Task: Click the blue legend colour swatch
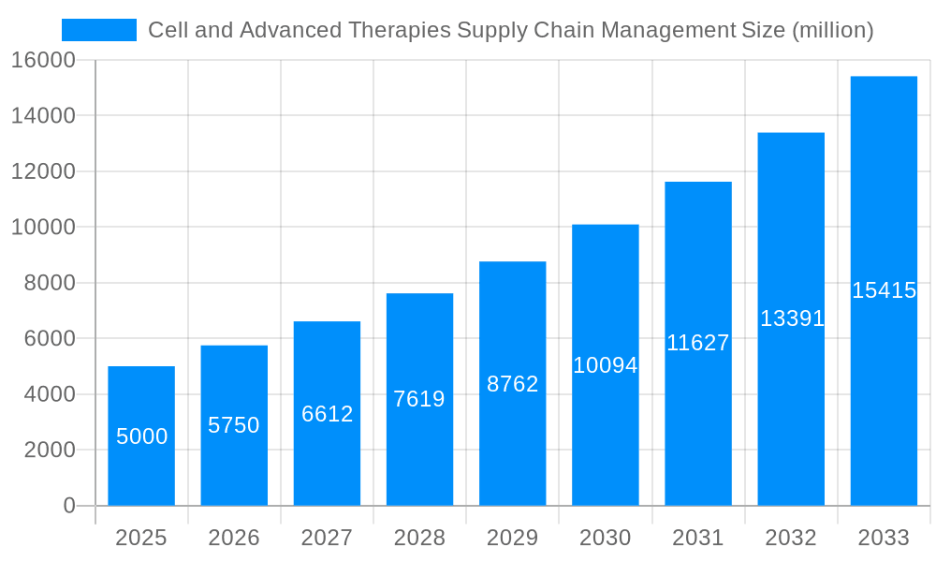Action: [x=98, y=30]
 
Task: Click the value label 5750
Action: [x=234, y=425]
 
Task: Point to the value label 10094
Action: [x=606, y=365]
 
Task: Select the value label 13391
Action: [x=792, y=318]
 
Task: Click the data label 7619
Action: [x=419, y=399]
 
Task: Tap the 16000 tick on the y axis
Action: [x=43, y=61]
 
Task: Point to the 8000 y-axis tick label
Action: [x=49, y=283]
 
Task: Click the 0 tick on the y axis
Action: [x=69, y=506]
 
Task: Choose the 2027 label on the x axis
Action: [x=327, y=538]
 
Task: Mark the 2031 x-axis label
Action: [x=698, y=538]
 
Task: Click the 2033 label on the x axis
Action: [x=884, y=538]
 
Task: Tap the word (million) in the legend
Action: [x=833, y=30]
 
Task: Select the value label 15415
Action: [x=884, y=290]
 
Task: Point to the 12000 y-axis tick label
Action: [x=43, y=171]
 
